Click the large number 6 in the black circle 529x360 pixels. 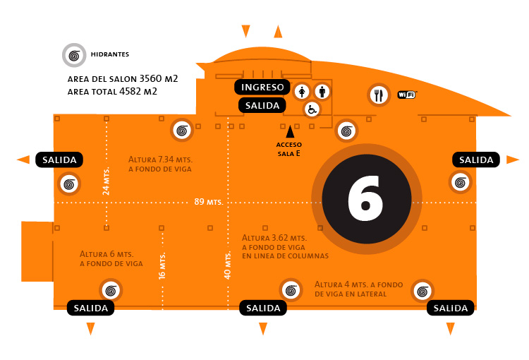point(365,200)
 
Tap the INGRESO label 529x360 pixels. point(262,88)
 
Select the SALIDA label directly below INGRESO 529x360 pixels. point(262,105)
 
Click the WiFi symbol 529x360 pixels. point(407,94)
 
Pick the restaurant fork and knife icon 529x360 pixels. point(378,94)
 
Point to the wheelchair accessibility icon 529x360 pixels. point(312,109)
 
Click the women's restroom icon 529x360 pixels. point(303,91)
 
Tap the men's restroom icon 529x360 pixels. point(322,91)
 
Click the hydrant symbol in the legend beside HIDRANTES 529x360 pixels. point(73,54)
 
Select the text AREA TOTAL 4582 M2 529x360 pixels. point(111,91)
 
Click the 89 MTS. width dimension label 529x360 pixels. point(208,203)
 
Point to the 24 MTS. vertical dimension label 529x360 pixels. point(107,181)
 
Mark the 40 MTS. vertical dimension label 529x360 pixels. point(227,265)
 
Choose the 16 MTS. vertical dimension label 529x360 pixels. point(162,265)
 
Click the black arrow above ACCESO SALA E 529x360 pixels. point(289,131)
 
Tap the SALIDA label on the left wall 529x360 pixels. point(60,160)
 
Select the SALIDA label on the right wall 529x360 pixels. point(476,160)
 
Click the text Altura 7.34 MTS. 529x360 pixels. point(160,159)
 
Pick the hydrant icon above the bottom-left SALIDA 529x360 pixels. point(111,290)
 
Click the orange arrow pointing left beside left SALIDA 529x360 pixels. point(23,160)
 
